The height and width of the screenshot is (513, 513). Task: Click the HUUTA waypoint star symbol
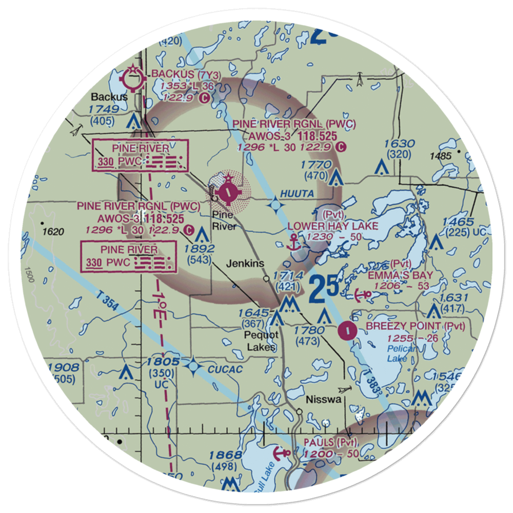(x=276, y=206)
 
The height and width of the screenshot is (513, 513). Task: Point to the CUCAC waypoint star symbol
(x=193, y=365)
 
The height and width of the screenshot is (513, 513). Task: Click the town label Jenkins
(x=246, y=264)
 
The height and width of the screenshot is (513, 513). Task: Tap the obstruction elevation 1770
(x=317, y=165)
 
